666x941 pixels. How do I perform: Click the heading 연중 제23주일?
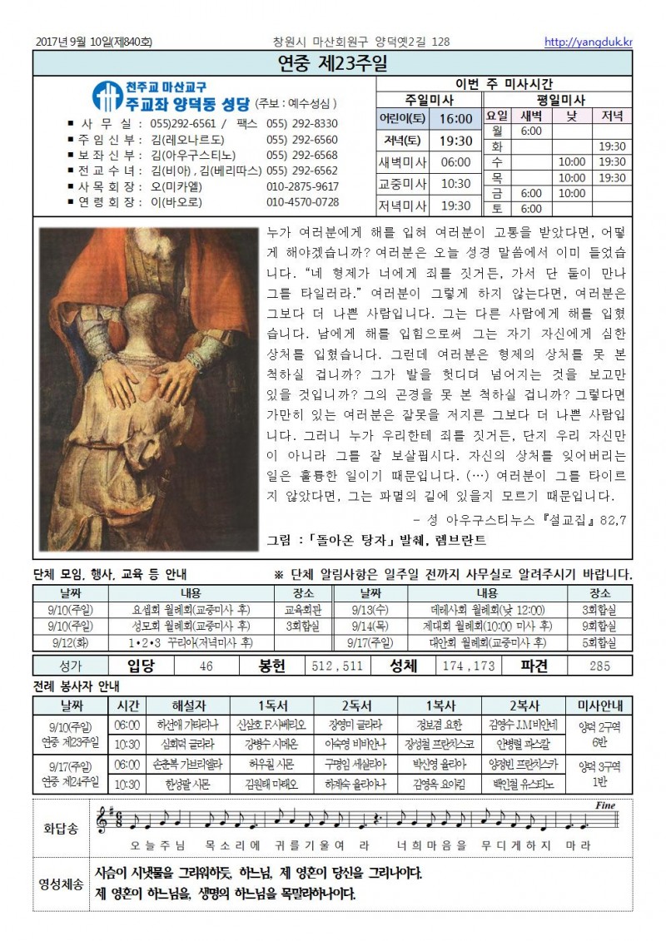[x=332, y=64]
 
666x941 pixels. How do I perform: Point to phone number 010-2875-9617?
[x=302, y=186]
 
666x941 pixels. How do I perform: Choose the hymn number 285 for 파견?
[x=599, y=666]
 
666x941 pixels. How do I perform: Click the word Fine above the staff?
[x=605, y=806]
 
